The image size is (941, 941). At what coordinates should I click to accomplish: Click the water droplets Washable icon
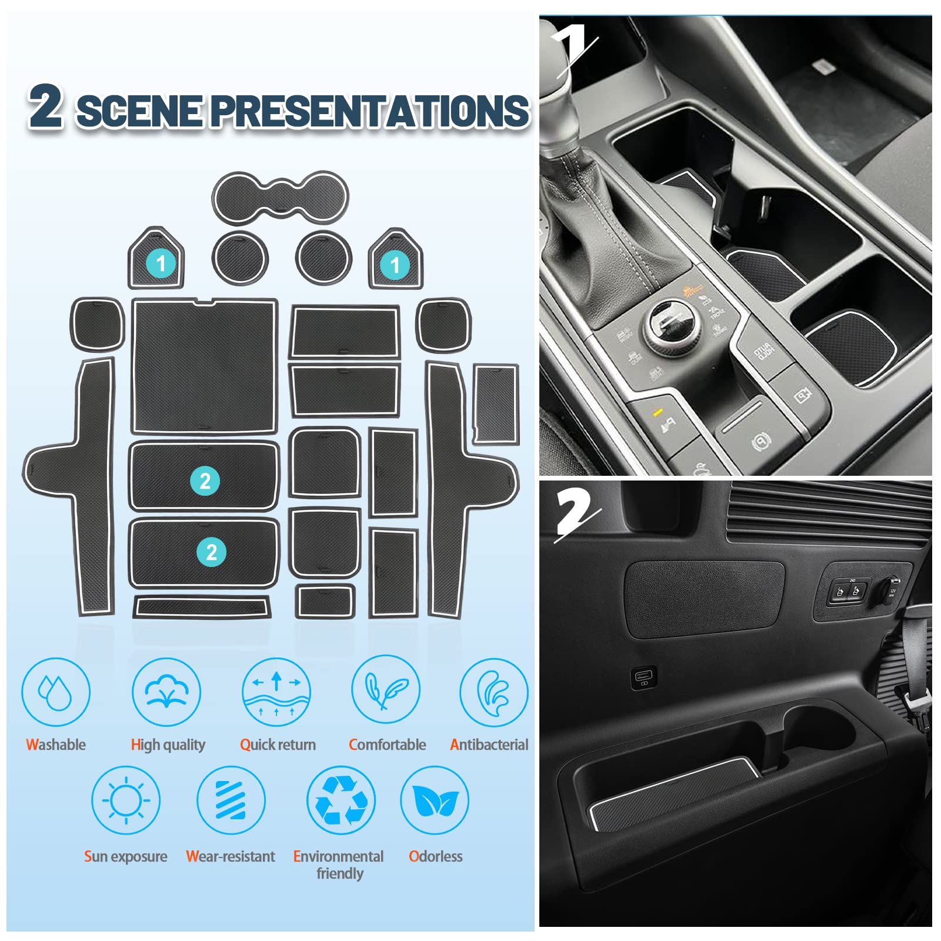click(x=56, y=692)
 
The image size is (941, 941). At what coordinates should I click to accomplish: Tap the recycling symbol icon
click(x=341, y=800)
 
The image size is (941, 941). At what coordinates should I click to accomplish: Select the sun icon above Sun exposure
click(x=126, y=800)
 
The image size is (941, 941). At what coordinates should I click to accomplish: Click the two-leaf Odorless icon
click(x=435, y=800)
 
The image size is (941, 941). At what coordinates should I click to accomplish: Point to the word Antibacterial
click(x=489, y=745)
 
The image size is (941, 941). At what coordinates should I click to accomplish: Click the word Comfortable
click(x=387, y=745)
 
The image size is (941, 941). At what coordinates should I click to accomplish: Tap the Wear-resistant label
click(x=231, y=856)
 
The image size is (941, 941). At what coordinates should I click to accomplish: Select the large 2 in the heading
click(x=46, y=105)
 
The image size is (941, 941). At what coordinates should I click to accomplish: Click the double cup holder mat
click(x=281, y=197)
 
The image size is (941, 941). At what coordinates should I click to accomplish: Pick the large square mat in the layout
click(x=204, y=366)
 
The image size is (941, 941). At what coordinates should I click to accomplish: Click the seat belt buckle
click(x=916, y=700)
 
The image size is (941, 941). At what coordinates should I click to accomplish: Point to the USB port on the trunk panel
click(x=643, y=678)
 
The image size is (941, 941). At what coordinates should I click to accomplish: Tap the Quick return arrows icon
click(x=276, y=692)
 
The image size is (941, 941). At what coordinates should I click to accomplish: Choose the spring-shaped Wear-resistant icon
click(x=231, y=800)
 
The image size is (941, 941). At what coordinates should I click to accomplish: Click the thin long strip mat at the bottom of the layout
click(x=202, y=606)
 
